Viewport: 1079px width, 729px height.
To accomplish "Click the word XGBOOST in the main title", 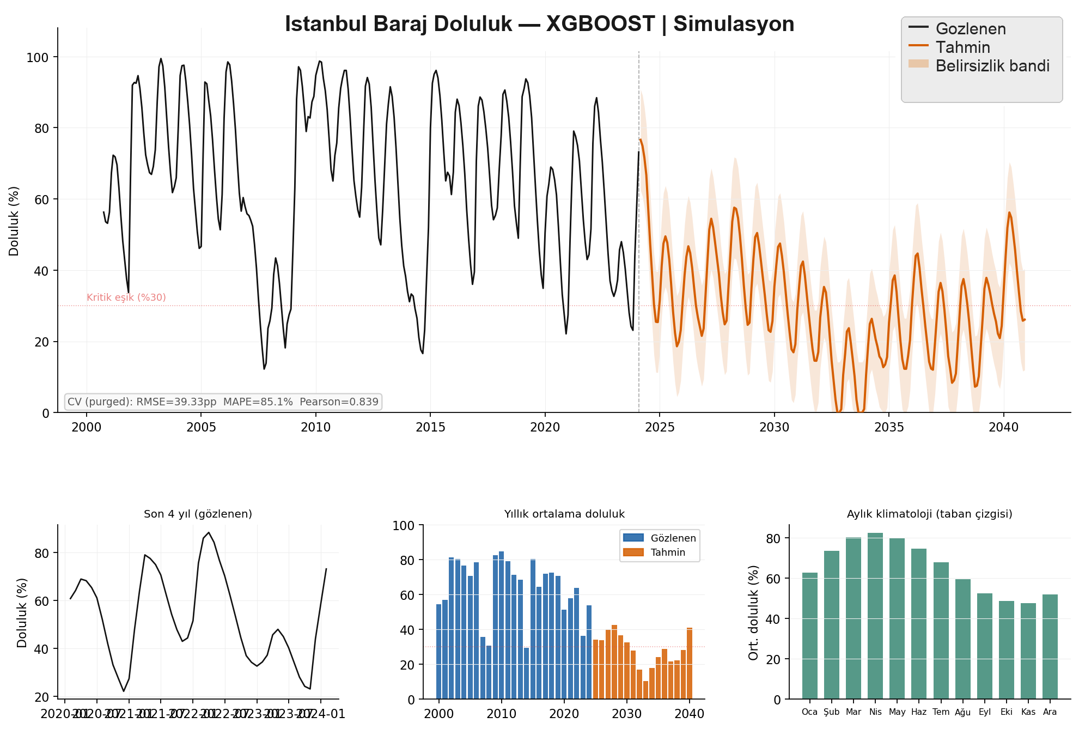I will (600, 25).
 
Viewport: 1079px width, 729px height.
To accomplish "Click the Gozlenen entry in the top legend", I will (970, 29).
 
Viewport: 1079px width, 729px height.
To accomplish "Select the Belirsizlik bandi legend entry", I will (992, 66).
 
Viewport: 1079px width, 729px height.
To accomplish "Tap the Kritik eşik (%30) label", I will (126, 297).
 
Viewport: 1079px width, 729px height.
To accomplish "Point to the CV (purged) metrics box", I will (223, 402).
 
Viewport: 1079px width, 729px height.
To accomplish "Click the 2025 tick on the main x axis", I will (660, 427).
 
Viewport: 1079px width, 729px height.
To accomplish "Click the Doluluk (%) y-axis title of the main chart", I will (14, 221).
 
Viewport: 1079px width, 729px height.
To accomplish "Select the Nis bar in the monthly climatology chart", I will (875, 616).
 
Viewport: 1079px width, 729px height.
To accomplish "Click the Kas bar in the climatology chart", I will (1028, 651).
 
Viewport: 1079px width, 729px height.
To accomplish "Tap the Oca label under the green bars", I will (809, 712).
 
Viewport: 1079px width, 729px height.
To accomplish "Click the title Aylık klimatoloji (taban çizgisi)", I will (929, 514).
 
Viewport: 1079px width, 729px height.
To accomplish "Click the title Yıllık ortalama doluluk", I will (564, 514).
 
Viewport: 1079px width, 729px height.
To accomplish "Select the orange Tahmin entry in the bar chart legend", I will (667, 552).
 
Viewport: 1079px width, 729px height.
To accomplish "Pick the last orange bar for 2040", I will (690, 663).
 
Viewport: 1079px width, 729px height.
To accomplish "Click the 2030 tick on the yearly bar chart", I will (627, 714).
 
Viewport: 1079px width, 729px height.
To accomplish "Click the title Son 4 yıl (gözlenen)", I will (198, 514).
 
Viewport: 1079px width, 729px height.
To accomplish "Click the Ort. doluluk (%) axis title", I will (753, 612).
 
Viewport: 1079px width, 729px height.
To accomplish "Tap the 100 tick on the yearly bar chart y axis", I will (404, 526).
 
